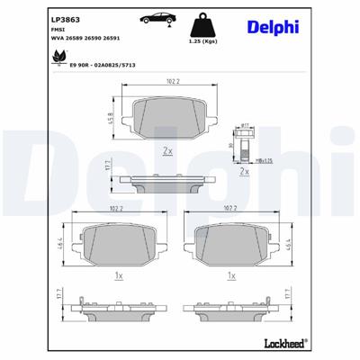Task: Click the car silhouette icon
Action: click(x=158, y=21)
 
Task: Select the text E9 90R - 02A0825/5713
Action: click(x=87, y=67)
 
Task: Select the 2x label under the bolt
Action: click(x=244, y=171)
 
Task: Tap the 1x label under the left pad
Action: click(x=117, y=276)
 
